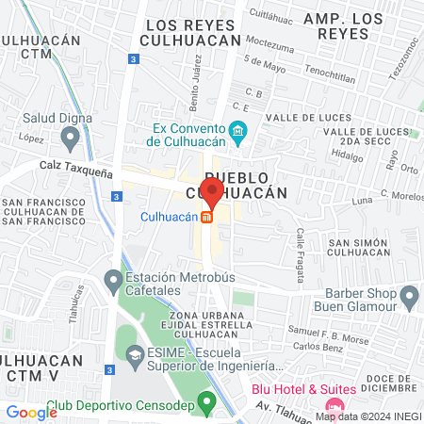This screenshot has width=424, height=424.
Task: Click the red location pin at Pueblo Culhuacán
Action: click(x=213, y=192)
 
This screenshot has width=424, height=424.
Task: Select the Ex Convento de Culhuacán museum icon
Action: click(x=239, y=131)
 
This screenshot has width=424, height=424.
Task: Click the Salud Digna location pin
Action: click(x=69, y=139)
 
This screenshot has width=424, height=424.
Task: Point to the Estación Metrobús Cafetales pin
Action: click(x=113, y=281)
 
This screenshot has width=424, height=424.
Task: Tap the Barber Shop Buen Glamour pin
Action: click(x=409, y=299)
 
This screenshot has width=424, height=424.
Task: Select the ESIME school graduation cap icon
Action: click(x=136, y=356)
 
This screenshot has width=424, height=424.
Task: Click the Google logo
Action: click(x=31, y=412)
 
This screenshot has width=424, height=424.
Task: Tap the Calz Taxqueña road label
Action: click(x=76, y=162)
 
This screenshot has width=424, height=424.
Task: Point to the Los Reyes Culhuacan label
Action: click(x=188, y=33)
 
